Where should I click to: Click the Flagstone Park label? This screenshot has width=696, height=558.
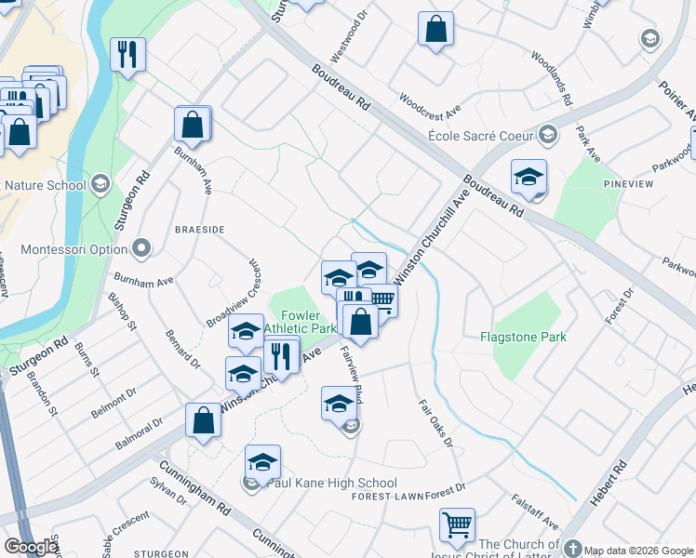point(523,336)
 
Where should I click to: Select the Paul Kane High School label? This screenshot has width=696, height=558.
point(331,484)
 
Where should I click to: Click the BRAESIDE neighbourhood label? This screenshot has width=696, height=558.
point(199,228)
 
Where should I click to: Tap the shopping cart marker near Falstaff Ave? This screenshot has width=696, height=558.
point(457,525)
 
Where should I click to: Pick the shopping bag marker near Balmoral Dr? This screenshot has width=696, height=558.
point(203,420)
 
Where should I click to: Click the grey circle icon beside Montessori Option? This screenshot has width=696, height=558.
point(141,248)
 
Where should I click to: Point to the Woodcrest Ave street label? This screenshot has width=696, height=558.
point(430,103)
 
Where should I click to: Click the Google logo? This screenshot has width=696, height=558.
point(31,547)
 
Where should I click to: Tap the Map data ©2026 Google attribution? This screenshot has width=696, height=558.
point(639,550)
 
